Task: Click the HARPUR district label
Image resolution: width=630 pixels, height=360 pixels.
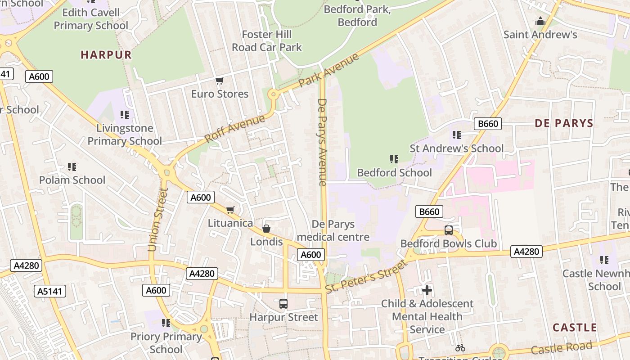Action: tap(106, 55)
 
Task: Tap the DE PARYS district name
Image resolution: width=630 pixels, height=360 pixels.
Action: tap(564, 123)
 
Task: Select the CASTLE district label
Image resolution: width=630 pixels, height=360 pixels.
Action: tap(575, 328)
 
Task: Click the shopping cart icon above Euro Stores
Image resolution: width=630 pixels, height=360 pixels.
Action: tap(219, 81)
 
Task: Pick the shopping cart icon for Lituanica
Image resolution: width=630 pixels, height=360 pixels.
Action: tap(230, 210)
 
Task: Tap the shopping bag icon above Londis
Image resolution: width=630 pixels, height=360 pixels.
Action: tap(266, 229)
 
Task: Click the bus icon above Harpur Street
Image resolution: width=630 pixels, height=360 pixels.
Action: tap(283, 304)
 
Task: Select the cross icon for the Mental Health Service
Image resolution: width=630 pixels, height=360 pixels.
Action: tap(427, 290)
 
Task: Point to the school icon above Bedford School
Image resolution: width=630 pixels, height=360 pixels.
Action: tap(394, 159)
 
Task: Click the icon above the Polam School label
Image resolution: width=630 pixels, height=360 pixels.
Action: tap(72, 167)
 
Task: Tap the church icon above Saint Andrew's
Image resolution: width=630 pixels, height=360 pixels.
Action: tap(540, 21)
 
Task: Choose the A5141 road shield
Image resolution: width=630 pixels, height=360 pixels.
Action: tap(50, 291)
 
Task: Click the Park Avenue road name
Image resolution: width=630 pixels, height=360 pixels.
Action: tap(329, 70)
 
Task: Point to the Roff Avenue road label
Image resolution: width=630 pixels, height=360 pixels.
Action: tap(235, 129)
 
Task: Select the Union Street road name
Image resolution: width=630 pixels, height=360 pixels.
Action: tap(157, 220)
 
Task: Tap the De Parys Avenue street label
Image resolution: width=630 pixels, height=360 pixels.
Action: tap(322, 142)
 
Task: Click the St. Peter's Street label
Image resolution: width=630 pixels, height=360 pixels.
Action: tap(366, 276)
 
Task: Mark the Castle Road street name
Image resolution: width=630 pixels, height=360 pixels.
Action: tap(561, 348)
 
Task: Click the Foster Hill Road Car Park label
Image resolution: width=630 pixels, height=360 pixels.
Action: tap(266, 41)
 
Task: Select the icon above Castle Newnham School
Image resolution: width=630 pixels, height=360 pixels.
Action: tap(604, 260)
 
